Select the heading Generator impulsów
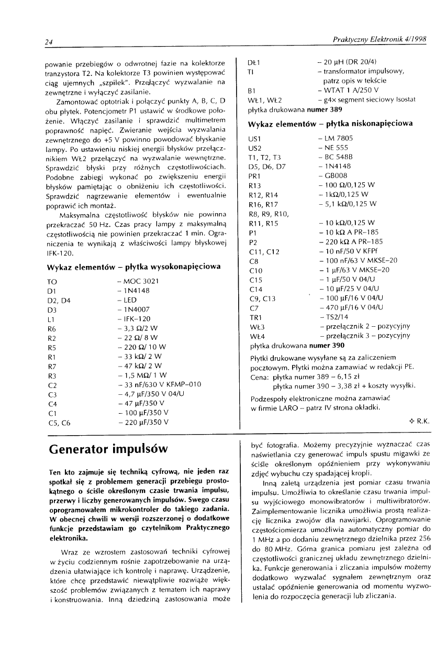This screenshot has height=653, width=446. [x=108, y=449]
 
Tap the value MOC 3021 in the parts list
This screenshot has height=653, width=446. [x=141, y=281]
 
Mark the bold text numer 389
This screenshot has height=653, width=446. [x=322, y=109]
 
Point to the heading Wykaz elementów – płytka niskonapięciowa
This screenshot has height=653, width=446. [x=330, y=124]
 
